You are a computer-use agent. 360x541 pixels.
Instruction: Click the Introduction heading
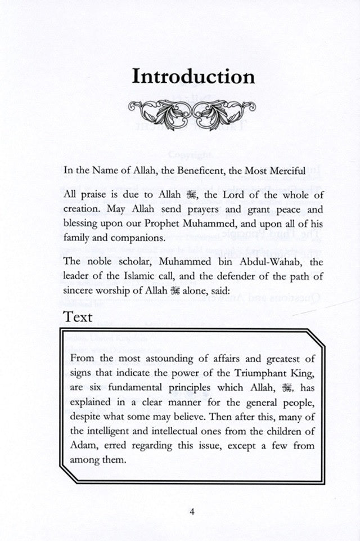(193, 77)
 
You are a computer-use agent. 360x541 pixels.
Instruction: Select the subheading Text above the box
(78, 317)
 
